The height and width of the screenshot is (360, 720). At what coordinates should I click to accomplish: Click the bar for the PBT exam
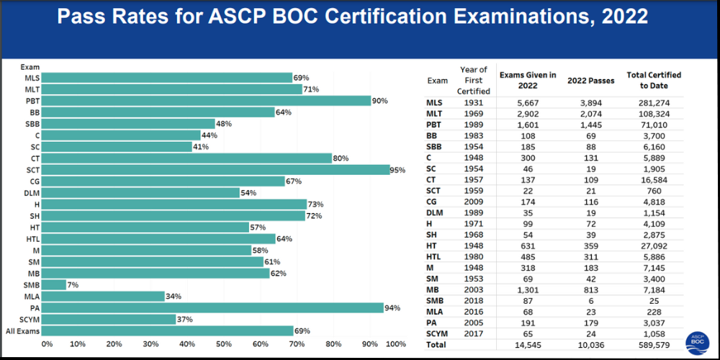(x=209, y=101)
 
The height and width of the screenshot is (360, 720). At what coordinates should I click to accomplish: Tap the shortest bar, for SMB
(x=56, y=285)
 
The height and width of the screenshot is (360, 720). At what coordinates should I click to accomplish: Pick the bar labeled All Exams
(x=170, y=331)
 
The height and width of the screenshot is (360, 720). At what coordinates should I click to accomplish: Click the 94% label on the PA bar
(x=393, y=308)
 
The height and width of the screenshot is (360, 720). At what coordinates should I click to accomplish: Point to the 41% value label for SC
(x=202, y=147)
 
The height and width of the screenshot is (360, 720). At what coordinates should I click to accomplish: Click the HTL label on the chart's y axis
(x=32, y=239)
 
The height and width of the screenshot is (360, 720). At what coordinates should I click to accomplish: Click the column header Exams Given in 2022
(x=528, y=80)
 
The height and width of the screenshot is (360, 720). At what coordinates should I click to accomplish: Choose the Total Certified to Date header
(x=654, y=80)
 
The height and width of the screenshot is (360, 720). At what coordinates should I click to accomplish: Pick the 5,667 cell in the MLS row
(x=528, y=103)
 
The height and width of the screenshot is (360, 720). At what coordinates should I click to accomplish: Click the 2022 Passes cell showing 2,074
(x=590, y=114)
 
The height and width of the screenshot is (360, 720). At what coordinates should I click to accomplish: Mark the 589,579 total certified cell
(x=654, y=345)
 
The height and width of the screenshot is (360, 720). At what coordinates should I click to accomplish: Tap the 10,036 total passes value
(x=590, y=345)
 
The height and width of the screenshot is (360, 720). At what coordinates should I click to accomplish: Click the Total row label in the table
(x=436, y=345)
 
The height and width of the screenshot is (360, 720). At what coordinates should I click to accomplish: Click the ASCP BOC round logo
(x=698, y=341)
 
